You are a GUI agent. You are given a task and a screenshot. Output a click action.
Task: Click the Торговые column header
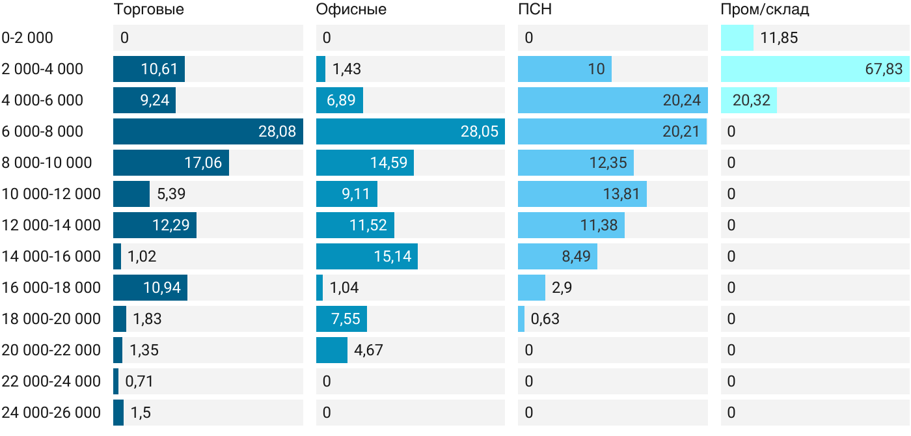point(148,9)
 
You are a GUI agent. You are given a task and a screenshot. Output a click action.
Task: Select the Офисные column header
point(351,9)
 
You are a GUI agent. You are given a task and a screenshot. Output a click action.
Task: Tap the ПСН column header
point(535,9)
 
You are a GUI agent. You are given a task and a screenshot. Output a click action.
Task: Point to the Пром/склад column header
point(765,9)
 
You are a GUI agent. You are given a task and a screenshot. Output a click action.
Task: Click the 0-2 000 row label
point(27,38)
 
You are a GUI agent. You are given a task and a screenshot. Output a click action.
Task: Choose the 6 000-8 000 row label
point(42,131)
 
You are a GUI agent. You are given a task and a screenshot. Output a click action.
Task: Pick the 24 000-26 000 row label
point(51,413)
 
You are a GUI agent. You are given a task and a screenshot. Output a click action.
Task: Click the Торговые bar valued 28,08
point(208,131)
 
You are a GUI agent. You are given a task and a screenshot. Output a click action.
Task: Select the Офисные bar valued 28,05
point(411,131)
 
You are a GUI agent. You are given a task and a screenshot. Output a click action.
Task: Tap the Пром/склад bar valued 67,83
point(815,69)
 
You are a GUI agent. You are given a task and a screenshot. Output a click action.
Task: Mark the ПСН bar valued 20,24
point(613,100)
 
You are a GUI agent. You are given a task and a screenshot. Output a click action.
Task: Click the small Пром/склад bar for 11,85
point(737,38)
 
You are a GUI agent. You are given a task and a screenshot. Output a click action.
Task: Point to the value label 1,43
point(346,69)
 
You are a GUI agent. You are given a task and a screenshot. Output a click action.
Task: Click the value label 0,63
point(545,319)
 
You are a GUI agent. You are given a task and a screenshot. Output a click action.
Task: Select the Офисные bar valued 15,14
point(367,256)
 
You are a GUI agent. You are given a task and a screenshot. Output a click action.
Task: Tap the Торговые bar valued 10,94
point(150,288)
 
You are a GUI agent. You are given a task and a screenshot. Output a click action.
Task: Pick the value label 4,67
point(368,350)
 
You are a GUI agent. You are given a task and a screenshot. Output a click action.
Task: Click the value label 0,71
point(139,381)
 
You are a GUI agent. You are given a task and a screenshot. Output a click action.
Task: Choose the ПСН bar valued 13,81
point(582,194)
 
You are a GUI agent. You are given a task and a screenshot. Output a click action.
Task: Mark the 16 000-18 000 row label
point(51,288)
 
